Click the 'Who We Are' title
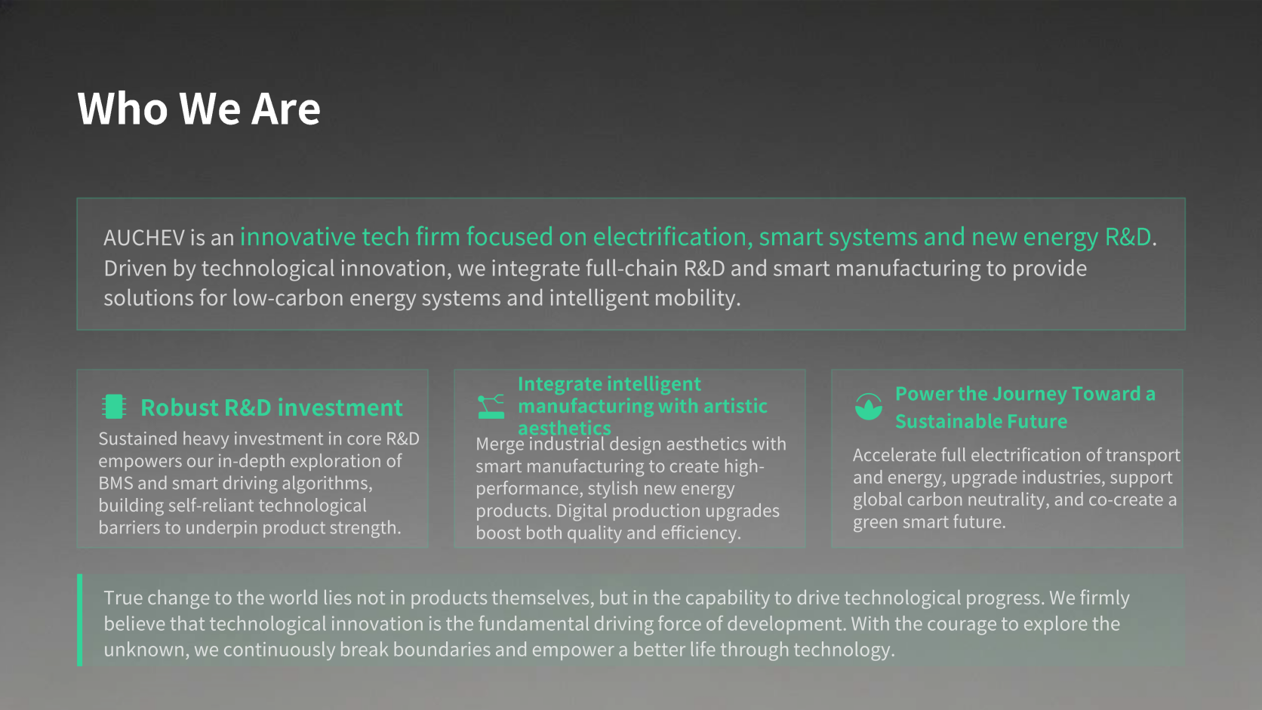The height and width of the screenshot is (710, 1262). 199,108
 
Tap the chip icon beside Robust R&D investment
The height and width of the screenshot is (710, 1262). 114,407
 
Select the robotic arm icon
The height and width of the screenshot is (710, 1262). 491,407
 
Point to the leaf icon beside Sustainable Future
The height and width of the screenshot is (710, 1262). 868,407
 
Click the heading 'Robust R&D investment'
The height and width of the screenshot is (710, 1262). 272,407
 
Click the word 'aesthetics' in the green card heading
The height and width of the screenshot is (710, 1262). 565,429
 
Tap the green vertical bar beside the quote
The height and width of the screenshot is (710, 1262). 79,620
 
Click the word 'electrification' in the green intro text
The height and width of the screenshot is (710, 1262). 670,237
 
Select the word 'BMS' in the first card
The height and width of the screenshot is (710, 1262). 115,483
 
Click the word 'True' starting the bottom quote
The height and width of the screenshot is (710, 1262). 123,598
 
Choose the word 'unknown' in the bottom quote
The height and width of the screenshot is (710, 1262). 146,650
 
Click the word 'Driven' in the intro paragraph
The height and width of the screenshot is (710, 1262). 135,269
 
